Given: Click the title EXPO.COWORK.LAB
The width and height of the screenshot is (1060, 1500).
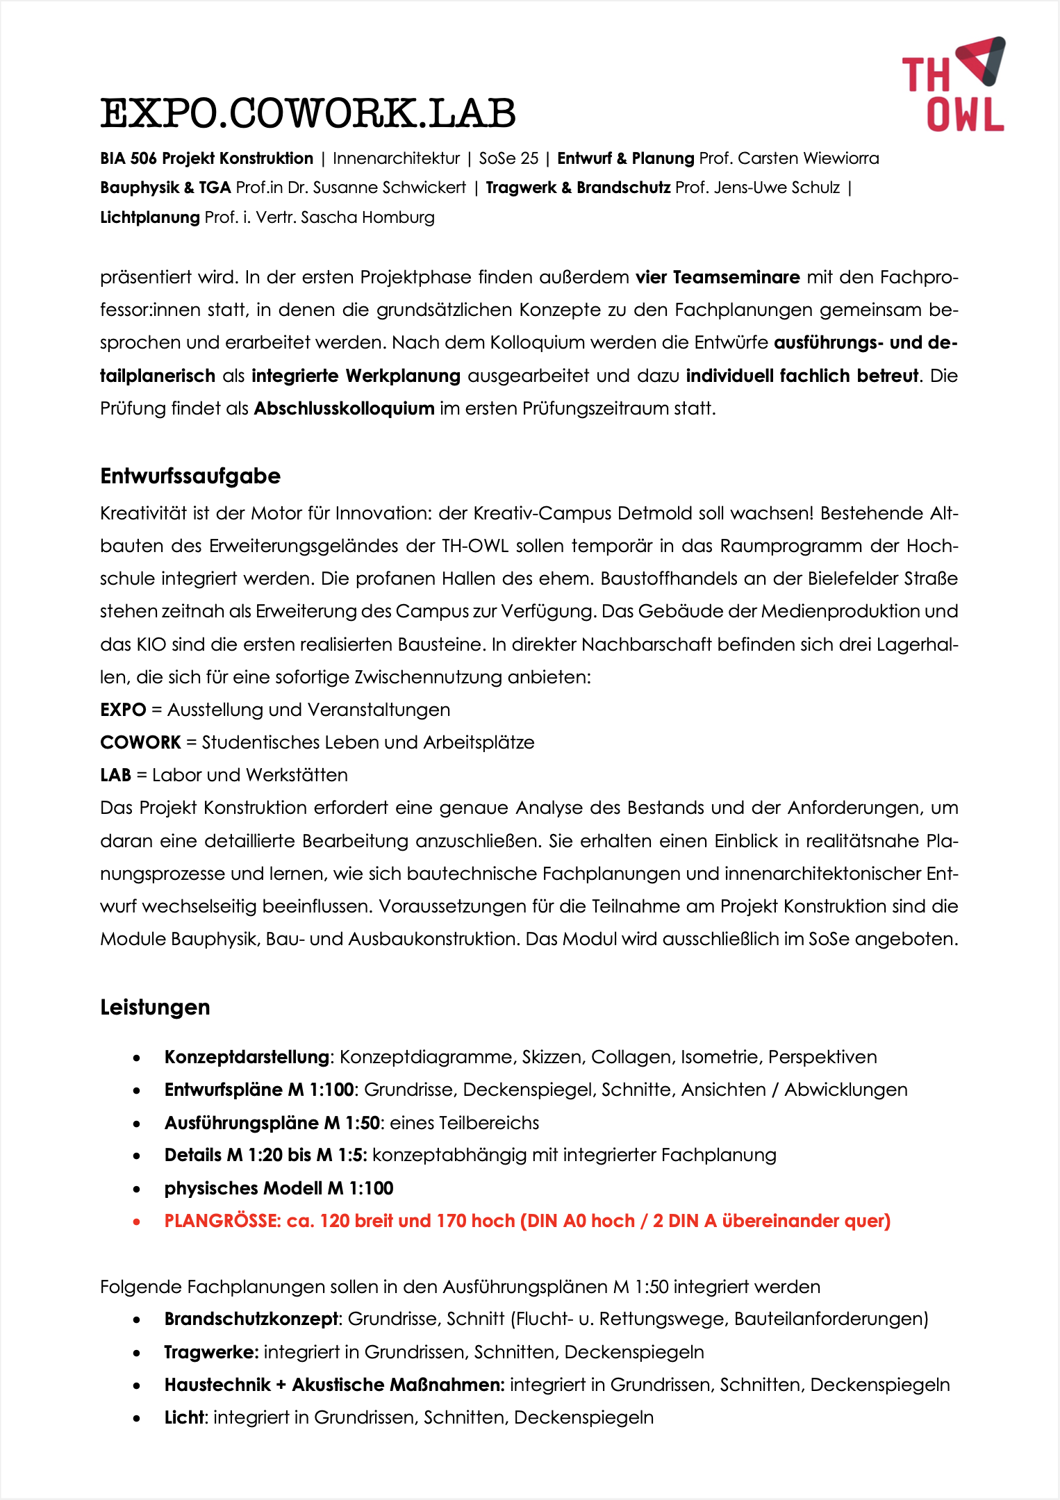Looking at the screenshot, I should pos(308,113).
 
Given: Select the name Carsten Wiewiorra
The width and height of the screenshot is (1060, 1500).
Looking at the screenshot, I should pos(809,158).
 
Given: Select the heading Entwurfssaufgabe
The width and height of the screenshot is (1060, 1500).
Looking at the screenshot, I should pos(190,476).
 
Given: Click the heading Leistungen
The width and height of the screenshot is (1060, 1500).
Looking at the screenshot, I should pos(155,1007).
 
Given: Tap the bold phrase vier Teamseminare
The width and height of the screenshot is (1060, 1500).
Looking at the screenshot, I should pos(718,277).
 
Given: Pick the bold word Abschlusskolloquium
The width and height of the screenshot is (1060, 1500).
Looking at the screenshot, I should pos(344,408).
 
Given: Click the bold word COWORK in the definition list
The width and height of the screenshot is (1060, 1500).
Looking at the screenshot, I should pos(140,742).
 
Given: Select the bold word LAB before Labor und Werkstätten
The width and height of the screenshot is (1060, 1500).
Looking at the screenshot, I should pos(115,775).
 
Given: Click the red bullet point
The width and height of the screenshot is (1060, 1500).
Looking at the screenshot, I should pos(137,1222).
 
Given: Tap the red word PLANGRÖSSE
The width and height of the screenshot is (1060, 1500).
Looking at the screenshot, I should pos(222,1221).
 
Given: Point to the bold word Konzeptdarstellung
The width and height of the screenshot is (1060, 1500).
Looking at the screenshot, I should pos(247,1057).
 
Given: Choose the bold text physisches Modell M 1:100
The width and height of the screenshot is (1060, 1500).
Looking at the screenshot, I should pos(279,1188).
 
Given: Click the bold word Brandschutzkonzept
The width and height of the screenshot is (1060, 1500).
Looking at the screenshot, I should pos(251,1319).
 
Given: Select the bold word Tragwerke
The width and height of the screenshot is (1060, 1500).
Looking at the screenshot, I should pos(210,1352).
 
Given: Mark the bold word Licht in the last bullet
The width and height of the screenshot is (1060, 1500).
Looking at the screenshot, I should pos(185,1417).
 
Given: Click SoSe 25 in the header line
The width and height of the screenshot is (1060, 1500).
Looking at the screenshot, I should pos(508,158).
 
